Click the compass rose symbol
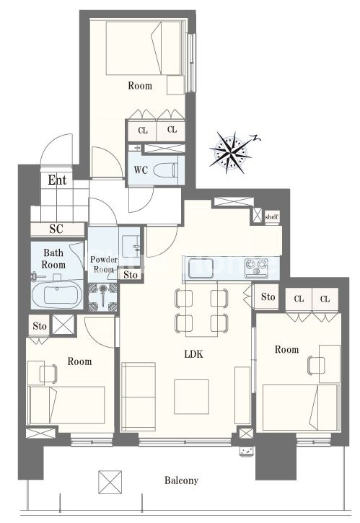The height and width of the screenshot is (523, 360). click(231, 153)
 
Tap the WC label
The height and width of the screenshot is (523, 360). click(141, 170)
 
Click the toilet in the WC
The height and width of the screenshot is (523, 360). click(165, 170)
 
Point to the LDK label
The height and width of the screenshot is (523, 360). click(193, 354)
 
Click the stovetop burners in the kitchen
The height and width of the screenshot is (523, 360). click(256, 268)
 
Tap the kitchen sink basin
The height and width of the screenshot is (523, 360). click(199, 268)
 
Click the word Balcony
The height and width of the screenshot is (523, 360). click(181, 480)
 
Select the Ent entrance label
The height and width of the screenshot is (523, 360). click(57, 180)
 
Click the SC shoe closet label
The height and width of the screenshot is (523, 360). click(56, 229)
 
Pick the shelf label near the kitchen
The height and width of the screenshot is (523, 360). click(271, 217)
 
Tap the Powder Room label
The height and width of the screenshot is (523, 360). click(104, 264)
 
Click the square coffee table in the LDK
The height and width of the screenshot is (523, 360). click(191, 397)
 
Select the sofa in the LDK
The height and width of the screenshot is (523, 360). click(139, 396)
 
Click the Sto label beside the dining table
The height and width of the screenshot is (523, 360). click(268, 296)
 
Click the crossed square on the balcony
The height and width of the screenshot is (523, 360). click(110, 482)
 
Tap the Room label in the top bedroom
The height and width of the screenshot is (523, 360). click(140, 86)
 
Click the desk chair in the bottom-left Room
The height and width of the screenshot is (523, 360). click(48, 374)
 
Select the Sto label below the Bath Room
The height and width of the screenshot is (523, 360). click(40, 326)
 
